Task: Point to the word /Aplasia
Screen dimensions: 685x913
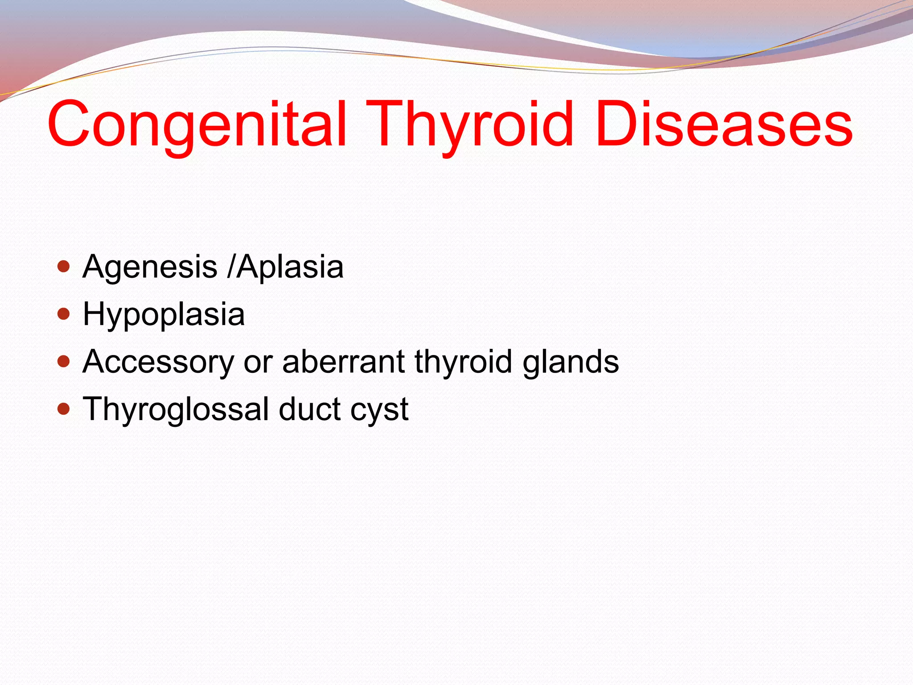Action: [x=285, y=267]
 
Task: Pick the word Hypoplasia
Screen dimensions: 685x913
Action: [x=164, y=315]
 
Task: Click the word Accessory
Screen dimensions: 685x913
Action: [x=158, y=362]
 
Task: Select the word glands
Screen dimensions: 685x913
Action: [x=571, y=362]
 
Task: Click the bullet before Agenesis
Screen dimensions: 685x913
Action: [x=64, y=267]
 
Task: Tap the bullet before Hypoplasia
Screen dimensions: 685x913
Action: [x=64, y=314]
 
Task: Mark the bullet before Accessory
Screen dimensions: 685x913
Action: [x=64, y=361]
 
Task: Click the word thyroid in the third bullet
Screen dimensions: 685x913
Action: [x=463, y=362]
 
